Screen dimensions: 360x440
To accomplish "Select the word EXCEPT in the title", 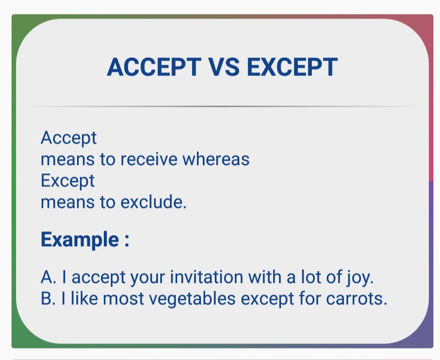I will [292, 67].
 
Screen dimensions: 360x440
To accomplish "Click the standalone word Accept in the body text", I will [68, 138].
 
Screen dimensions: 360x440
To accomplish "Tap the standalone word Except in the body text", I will [68, 181].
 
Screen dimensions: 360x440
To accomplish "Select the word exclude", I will [154, 202].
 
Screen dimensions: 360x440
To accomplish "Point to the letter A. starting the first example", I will [49, 277].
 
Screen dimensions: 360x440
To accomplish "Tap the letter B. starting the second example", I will [49, 299].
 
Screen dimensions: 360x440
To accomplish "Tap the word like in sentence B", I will [84, 299].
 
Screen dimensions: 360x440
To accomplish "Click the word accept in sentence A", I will [98, 278].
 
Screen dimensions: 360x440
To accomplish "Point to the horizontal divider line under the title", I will [222, 106].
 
